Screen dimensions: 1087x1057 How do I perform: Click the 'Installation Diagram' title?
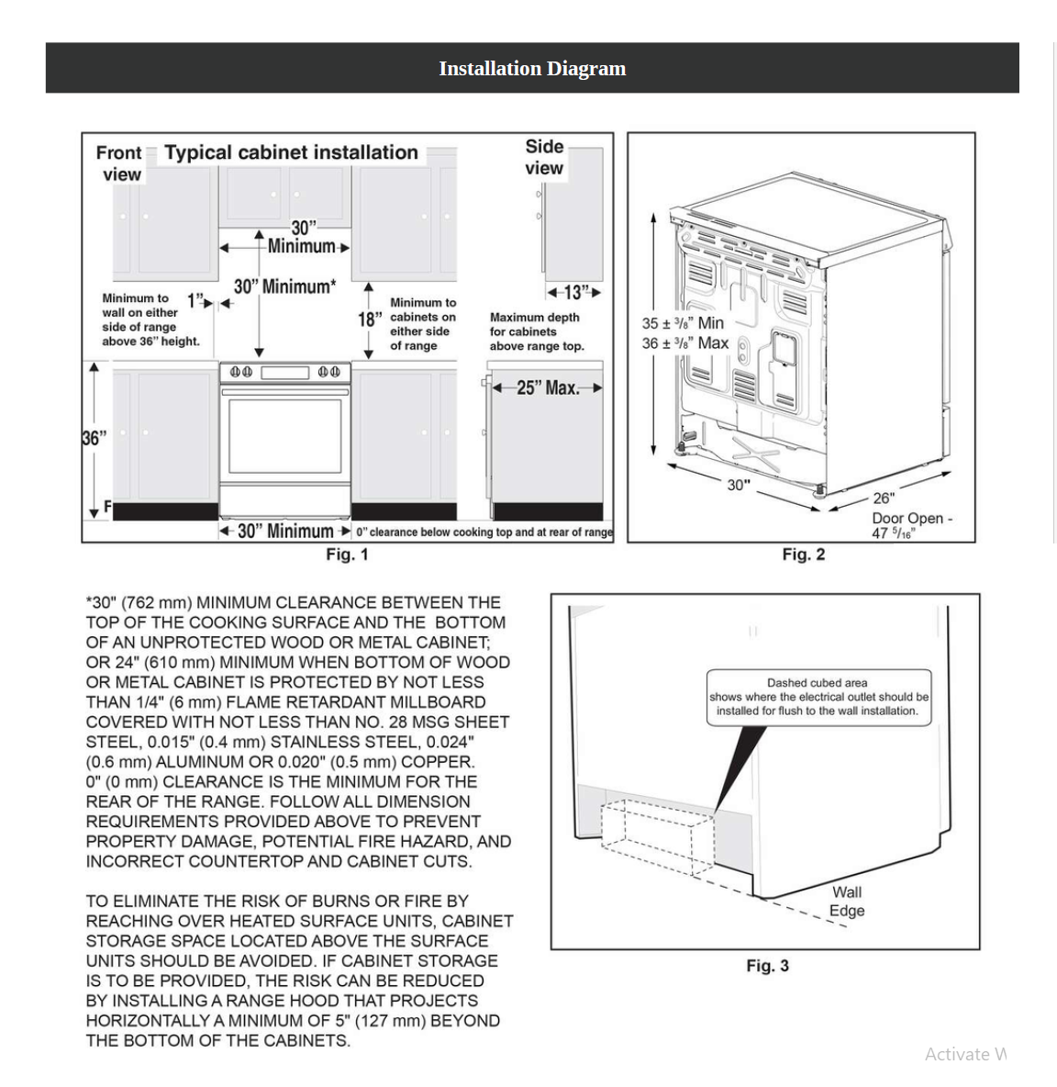click(532, 68)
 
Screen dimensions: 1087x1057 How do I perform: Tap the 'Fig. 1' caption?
click(347, 555)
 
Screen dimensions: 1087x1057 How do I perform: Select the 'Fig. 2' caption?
click(803, 555)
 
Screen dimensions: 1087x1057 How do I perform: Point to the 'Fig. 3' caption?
click(767, 966)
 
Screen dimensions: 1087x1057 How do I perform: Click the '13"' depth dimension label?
click(574, 293)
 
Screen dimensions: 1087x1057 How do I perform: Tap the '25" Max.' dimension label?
click(548, 387)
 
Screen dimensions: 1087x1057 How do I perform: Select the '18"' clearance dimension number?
click(370, 319)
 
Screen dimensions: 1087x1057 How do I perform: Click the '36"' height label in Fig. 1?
click(95, 438)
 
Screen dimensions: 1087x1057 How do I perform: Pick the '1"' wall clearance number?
click(195, 301)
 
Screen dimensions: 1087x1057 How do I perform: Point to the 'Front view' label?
click(119, 163)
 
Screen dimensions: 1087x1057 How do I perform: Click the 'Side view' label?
click(544, 157)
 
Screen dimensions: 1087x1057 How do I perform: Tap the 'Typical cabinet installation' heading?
click(291, 152)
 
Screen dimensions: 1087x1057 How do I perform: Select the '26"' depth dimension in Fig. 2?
click(884, 498)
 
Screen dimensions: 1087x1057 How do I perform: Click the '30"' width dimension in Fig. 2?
click(739, 485)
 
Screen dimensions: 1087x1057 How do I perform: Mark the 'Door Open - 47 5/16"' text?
click(911, 525)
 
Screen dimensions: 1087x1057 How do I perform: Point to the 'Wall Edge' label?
click(847, 901)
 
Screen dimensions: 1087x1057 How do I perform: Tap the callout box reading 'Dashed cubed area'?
click(818, 697)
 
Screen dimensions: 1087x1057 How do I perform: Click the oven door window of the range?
click(284, 445)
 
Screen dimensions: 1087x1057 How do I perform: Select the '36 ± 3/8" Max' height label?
click(685, 343)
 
